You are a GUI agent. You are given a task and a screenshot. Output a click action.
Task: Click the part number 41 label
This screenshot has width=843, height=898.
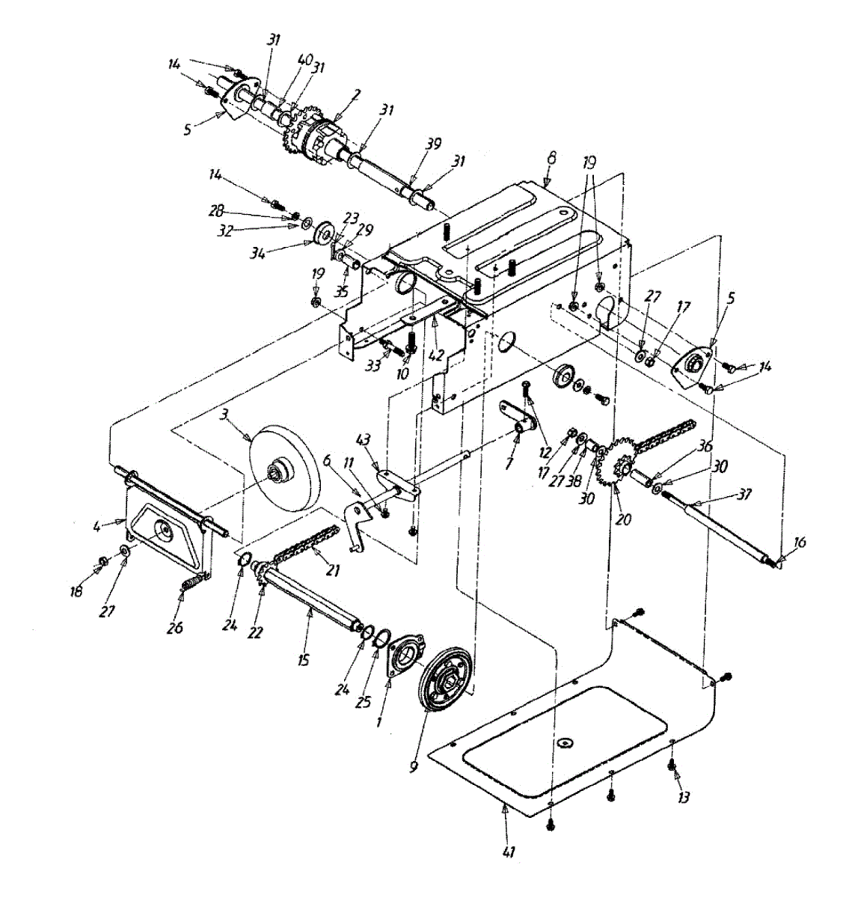tap(509, 851)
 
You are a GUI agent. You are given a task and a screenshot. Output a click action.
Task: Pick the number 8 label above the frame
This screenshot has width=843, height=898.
tap(552, 159)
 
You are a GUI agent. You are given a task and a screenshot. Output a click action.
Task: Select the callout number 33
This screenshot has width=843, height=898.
tap(373, 367)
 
